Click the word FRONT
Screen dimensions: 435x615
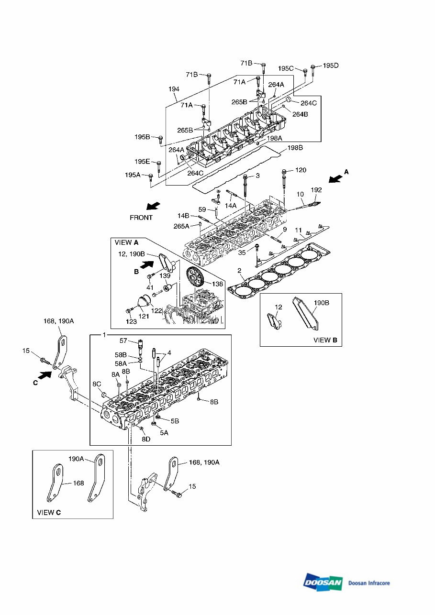pyautogui.click(x=141, y=218)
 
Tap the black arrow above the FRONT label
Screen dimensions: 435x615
pyautogui.click(x=153, y=206)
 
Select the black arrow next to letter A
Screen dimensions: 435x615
pyautogui.click(x=335, y=179)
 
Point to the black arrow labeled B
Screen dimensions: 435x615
pyautogui.click(x=147, y=265)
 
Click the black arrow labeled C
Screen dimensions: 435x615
pyautogui.click(x=45, y=375)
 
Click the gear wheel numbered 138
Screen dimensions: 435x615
pyautogui.click(x=195, y=277)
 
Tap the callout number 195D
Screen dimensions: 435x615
pyautogui.click(x=331, y=66)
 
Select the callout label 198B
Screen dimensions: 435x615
pyautogui.click(x=295, y=148)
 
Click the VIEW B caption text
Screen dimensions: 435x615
pyautogui.click(x=325, y=340)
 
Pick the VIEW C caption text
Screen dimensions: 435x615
pyautogui.click(x=49, y=512)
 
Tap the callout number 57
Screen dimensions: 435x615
pyautogui.click(x=123, y=340)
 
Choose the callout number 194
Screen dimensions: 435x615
pyautogui.click(x=174, y=89)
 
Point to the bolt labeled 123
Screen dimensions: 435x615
pyautogui.click(x=130, y=310)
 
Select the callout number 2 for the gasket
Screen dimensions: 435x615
pyautogui.click(x=239, y=270)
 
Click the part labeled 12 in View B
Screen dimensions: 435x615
pyautogui.click(x=275, y=321)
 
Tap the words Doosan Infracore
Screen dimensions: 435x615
pyautogui.click(x=369, y=583)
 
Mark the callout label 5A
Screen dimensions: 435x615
pyautogui.click(x=164, y=433)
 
